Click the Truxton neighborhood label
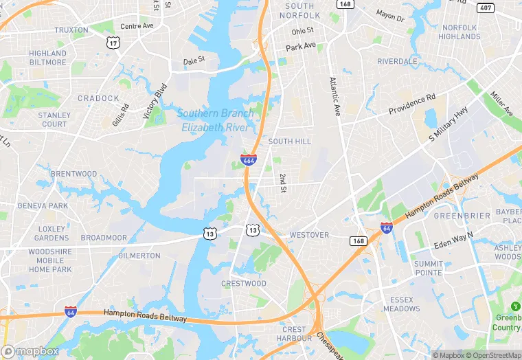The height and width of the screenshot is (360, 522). [71, 30]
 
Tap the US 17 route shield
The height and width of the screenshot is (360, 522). [113, 43]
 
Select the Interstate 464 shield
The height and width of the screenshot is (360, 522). [249, 161]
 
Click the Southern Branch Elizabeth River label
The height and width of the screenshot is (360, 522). [216, 120]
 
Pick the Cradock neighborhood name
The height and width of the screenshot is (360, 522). [98, 98]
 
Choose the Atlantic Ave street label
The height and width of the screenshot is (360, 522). [334, 96]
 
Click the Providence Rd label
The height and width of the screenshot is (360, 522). [412, 104]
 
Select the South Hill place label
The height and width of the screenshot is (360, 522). [289, 142]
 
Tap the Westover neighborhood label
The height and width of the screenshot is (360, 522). [309, 235]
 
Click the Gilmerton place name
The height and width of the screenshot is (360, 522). [139, 256]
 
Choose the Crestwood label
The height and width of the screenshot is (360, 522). [244, 284]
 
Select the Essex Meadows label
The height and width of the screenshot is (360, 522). [401, 304]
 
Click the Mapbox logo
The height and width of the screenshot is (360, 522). [30, 351]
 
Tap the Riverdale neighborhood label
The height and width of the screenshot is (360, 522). [397, 61]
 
